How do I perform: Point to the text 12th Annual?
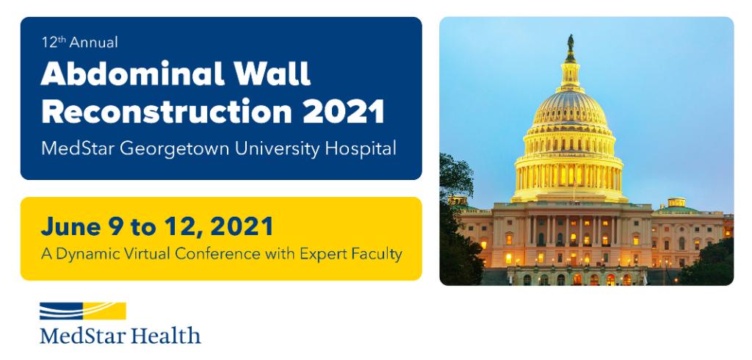(x=79, y=43)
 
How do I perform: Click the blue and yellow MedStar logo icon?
(x=83, y=312)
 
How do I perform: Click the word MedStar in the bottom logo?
(x=83, y=336)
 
